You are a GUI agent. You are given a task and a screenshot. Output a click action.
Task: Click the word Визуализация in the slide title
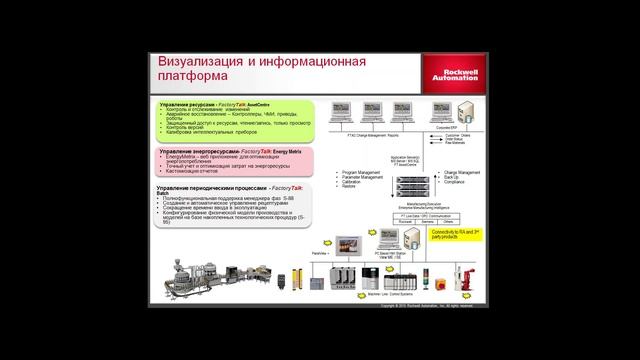click(x=205, y=62)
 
